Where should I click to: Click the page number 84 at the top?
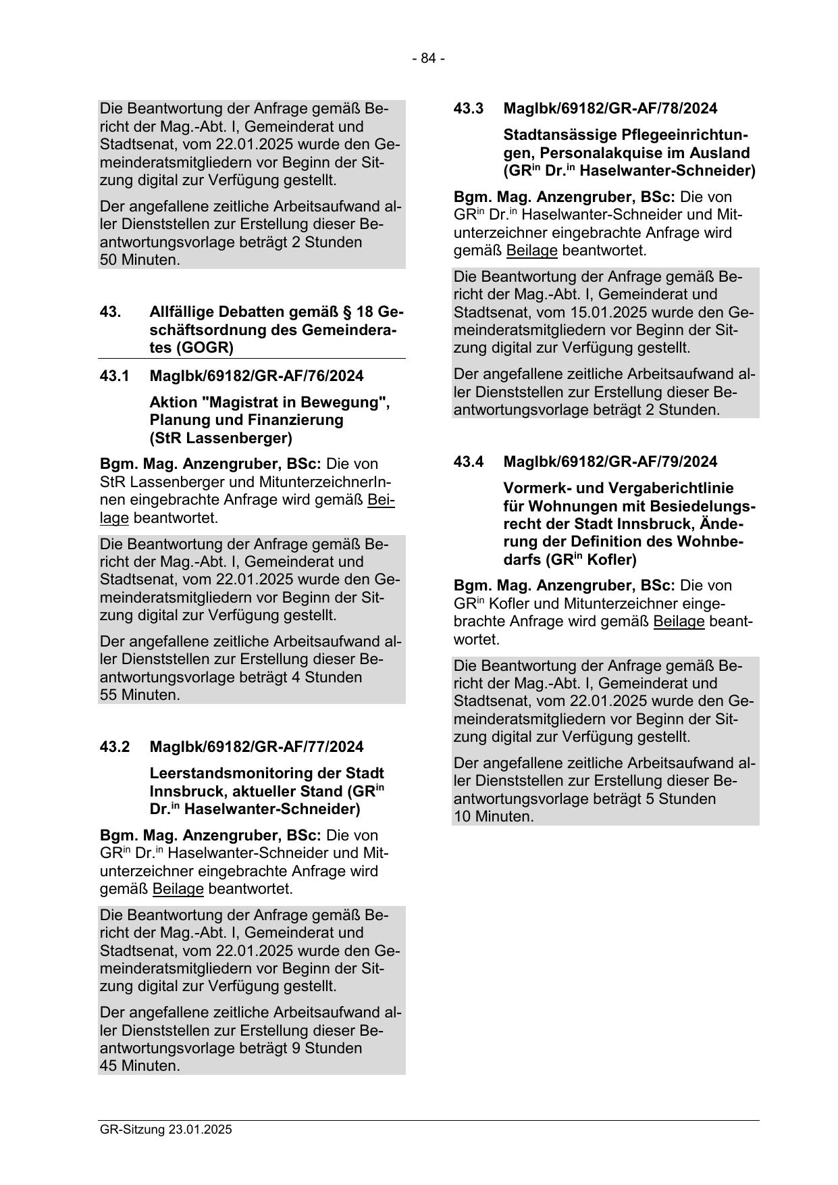pos(428,59)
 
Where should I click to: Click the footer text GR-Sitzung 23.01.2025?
pos(165,1130)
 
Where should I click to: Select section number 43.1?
pos(114,376)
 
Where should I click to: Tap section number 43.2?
pos(114,747)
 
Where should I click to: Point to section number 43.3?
pos(469,108)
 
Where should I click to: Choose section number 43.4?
pos(469,461)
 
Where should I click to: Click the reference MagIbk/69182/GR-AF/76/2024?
pos(256,376)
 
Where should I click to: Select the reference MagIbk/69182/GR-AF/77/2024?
pos(256,747)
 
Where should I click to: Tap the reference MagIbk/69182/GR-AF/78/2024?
pos(610,108)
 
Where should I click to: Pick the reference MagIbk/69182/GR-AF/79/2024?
pos(610,461)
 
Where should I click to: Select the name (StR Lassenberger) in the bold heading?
pos(221,438)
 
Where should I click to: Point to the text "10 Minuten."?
pos(494,816)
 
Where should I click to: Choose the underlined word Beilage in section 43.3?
pos(531,251)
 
